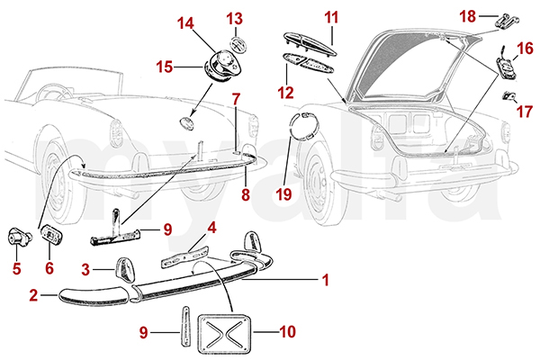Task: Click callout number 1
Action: pos(324,280)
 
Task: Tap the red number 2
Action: pos(32,294)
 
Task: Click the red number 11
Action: pos(330,16)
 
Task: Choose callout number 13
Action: pos(234,18)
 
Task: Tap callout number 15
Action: pos(165,66)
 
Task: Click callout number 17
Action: pos(526,112)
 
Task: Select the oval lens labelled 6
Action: pos(50,240)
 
